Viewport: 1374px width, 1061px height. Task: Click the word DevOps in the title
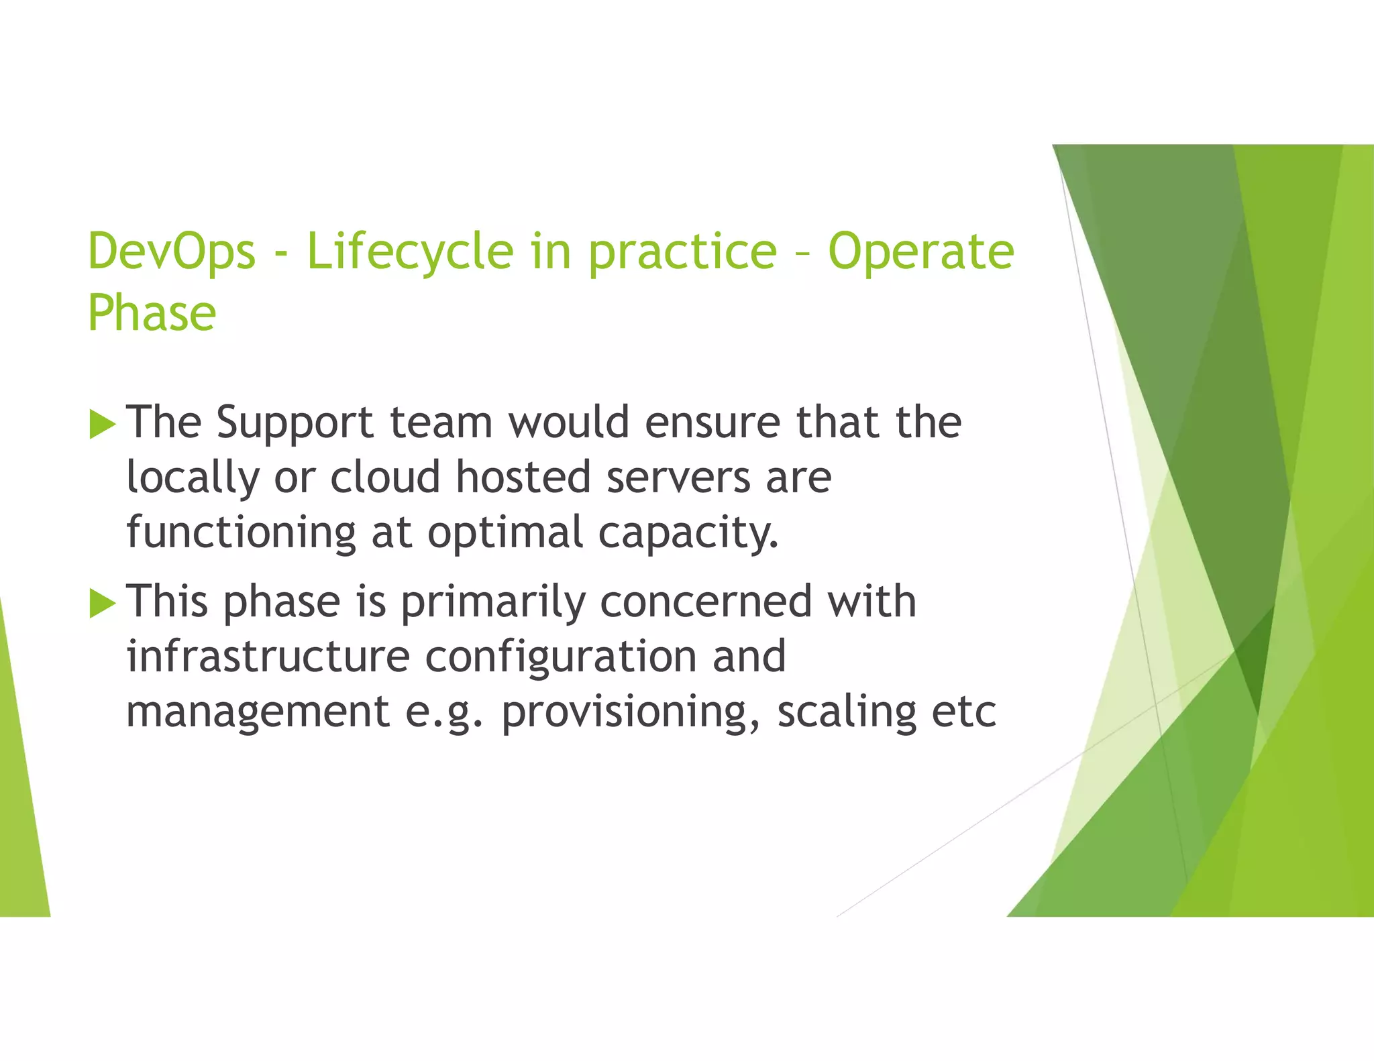[x=172, y=251]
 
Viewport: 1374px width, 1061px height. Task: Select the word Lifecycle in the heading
[x=410, y=252]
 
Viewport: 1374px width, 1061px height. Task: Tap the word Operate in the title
[x=920, y=252]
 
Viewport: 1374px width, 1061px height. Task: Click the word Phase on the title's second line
[x=152, y=313]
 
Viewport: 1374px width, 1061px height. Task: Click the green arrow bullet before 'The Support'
[x=102, y=424]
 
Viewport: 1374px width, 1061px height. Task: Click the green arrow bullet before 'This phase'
[x=102, y=603]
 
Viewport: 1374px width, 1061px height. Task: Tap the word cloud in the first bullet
[x=385, y=477]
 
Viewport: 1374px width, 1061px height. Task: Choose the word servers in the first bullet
[x=678, y=478]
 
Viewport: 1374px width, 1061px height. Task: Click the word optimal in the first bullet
[x=505, y=533]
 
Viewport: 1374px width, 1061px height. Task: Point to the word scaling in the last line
[x=847, y=712]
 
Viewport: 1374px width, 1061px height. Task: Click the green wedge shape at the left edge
[x=23, y=805]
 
